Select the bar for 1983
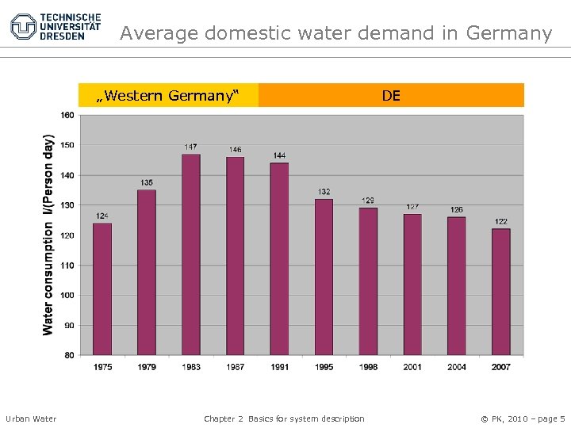tap(191, 254)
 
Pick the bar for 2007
tap(500, 291)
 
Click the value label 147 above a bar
tap(191, 147)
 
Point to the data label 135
tap(147, 182)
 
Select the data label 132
tap(324, 192)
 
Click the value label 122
tap(500, 222)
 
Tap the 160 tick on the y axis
tap(67, 115)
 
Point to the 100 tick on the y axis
tap(67, 295)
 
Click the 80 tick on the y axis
tap(68, 355)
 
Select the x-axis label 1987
tap(236, 366)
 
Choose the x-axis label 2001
tap(412, 366)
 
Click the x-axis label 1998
tap(368, 366)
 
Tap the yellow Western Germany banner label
tap(167, 96)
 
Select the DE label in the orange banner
tap(391, 96)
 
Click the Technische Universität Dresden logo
tap(56, 26)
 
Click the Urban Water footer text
tap(31, 418)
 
